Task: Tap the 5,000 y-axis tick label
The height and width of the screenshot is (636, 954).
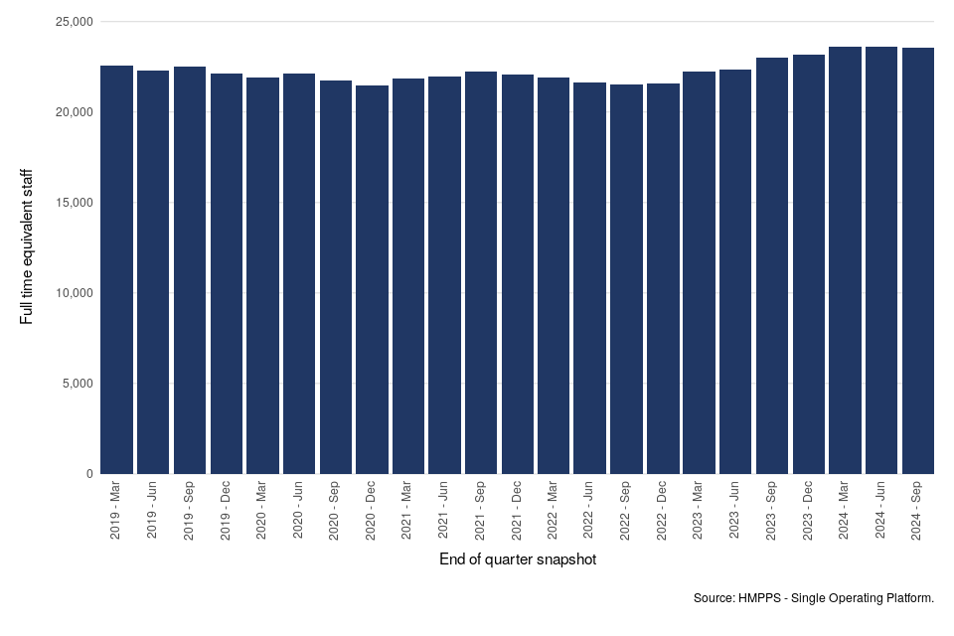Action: pos(75,384)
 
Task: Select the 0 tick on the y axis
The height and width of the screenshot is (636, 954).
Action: pos(88,474)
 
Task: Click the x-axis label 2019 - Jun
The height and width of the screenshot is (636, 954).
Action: pos(153,512)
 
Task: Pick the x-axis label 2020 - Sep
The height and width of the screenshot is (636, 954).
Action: pos(335,512)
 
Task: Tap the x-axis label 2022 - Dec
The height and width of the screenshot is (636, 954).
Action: pos(663,512)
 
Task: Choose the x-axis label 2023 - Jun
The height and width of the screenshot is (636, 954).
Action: pos(735,512)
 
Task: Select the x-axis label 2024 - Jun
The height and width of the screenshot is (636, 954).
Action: pos(881,512)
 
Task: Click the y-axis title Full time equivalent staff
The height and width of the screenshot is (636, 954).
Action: pos(27,246)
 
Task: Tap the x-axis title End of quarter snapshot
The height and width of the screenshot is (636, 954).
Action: pos(517,560)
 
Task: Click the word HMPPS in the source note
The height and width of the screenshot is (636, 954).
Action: pos(760,598)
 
